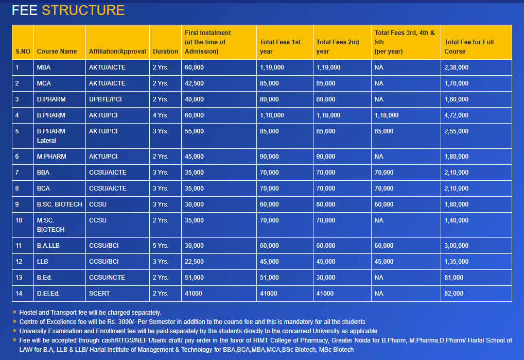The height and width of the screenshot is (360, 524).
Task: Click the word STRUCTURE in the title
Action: [x=83, y=10]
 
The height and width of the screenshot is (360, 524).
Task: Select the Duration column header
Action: [x=165, y=52]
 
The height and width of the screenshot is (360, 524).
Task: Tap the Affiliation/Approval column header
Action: [x=117, y=52]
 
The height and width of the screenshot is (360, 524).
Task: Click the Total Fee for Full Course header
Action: [x=469, y=47]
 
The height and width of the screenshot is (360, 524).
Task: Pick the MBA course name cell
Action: [x=44, y=67]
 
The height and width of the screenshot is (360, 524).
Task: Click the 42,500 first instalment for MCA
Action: [x=194, y=83]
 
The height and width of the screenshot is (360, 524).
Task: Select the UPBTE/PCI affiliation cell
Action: [x=105, y=99]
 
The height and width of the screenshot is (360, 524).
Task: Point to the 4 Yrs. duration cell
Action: [x=160, y=115]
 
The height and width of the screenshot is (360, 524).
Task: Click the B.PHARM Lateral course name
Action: [x=51, y=136]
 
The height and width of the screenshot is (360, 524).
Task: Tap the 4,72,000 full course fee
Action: [x=456, y=115]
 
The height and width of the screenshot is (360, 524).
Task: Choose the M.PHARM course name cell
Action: [x=51, y=157]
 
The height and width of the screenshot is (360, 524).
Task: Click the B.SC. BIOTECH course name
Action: [x=59, y=204]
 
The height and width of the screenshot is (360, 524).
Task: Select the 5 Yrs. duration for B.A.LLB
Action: [x=160, y=246]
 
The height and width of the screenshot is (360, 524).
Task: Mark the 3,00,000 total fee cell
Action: [x=456, y=246]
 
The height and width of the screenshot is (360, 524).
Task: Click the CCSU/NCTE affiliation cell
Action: [x=107, y=278]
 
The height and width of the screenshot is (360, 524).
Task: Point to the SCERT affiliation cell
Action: [x=99, y=294]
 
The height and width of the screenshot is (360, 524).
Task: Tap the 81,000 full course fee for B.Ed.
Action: [x=453, y=278]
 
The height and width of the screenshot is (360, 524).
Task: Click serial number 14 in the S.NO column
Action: [x=19, y=294]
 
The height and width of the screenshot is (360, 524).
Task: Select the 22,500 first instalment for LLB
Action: [x=194, y=262]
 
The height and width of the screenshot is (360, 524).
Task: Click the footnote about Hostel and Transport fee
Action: [x=90, y=312]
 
